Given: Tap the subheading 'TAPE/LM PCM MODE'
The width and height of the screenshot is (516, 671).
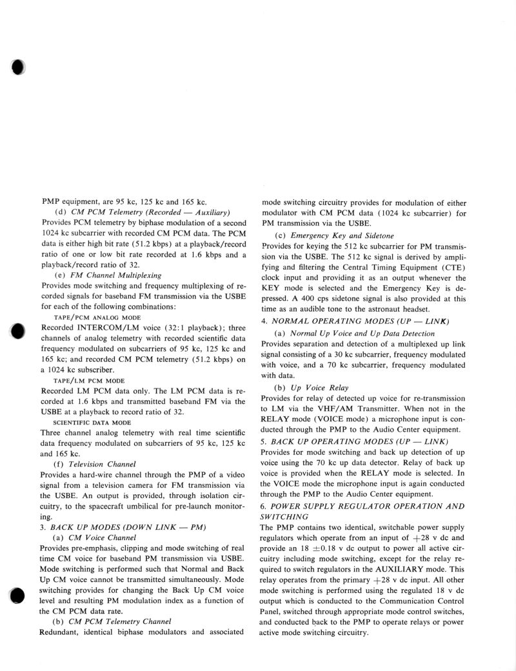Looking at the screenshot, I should (83, 381).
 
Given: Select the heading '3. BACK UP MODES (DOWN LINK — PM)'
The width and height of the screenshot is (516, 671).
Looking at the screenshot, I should (123, 527).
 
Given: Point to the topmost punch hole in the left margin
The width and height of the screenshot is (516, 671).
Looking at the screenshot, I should (17, 68).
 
